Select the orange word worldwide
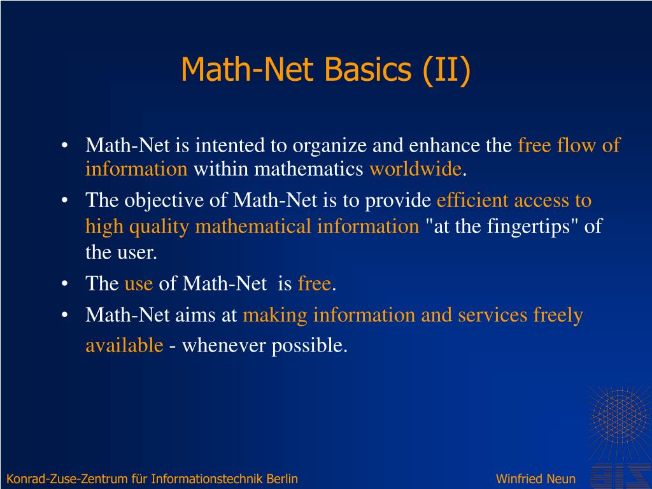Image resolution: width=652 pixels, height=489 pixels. pyautogui.click(x=415, y=169)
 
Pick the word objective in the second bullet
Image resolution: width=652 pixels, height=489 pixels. pyautogui.click(x=159, y=201)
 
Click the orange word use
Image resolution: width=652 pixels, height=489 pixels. pyautogui.click(x=138, y=283)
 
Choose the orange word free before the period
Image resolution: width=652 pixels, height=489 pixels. pyautogui.click(x=314, y=283)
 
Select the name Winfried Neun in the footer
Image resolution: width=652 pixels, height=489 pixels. pyautogui.click(x=535, y=479)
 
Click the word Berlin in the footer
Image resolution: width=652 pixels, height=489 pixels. pyautogui.click(x=282, y=479)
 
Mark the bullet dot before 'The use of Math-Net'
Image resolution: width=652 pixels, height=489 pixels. pyautogui.click(x=65, y=284)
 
